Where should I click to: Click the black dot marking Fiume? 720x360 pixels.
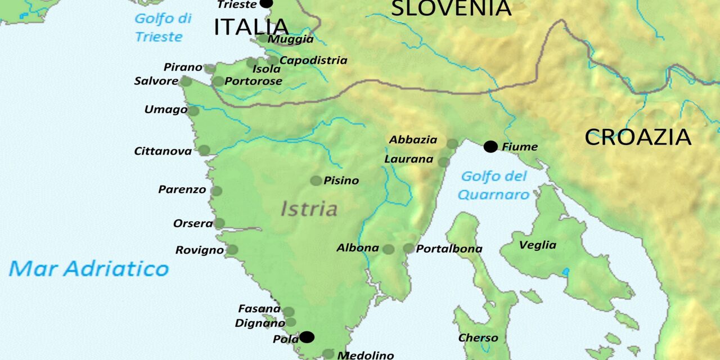click(x=490, y=147)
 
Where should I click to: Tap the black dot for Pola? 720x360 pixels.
click(x=307, y=337)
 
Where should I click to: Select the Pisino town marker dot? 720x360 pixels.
click(x=316, y=181)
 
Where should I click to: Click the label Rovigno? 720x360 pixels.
click(x=199, y=250)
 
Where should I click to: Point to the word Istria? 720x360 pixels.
click(x=309, y=209)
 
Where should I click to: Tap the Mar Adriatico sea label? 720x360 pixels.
click(x=89, y=268)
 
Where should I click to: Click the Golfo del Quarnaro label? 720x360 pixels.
click(x=494, y=186)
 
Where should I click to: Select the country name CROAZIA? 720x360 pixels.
click(x=637, y=137)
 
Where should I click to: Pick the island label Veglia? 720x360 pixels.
click(x=537, y=245)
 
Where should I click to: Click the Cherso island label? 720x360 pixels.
click(x=478, y=338)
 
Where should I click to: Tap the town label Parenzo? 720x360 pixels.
click(x=182, y=190)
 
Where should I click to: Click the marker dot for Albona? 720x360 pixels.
click(x=388, y=249)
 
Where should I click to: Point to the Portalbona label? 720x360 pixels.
click(x=449, y=249)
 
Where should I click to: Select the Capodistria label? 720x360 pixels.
click(x=313, y=60)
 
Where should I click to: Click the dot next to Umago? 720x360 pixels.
click(x=193, y=111)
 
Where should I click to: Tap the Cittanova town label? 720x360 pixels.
click(x=163, y=151)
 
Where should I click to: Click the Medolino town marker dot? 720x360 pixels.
click(x=328, y=354)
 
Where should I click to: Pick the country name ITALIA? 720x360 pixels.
click(x=251, y=27)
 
